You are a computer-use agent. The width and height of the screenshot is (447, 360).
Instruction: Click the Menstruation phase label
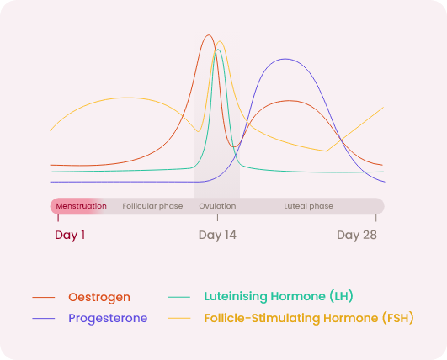pos(82,206)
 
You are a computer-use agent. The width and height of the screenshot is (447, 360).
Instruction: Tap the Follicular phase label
pos(152,206)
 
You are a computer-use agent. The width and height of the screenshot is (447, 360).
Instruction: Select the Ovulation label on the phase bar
pos(217,206)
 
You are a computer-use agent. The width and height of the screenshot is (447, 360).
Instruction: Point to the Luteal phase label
pos(308,206)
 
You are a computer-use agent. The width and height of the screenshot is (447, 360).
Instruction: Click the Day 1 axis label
pos(70,236)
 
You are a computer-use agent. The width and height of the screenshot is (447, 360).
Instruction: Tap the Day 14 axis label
pos(217,236)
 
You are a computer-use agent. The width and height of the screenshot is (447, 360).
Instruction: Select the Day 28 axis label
pos(357,236)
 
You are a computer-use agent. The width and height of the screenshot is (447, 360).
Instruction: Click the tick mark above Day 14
pos(217,218)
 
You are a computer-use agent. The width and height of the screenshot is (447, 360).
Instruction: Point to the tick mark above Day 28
pos(376,218)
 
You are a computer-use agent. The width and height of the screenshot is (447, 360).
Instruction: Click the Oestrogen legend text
pos(99,298)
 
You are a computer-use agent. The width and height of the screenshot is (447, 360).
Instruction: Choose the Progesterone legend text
pos(108,318)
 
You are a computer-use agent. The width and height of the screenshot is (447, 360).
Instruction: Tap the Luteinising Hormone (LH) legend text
pos(279,296)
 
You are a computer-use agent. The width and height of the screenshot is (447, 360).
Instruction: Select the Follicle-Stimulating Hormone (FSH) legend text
pos(309,318)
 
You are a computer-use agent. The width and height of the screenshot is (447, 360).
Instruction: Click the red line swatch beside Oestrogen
pos(43,298)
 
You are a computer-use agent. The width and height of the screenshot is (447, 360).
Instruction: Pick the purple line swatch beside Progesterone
pos(43,318)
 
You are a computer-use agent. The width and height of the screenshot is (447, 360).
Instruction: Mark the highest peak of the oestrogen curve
pos(209,35)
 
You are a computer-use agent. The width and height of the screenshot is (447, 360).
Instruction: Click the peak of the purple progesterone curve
pos(285,59)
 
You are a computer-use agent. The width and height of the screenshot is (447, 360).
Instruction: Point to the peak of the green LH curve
pos(218,50)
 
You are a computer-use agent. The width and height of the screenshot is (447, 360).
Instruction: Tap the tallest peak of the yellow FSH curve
pos(220,41)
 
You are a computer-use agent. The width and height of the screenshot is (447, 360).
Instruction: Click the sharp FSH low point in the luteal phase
pos(327,151)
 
